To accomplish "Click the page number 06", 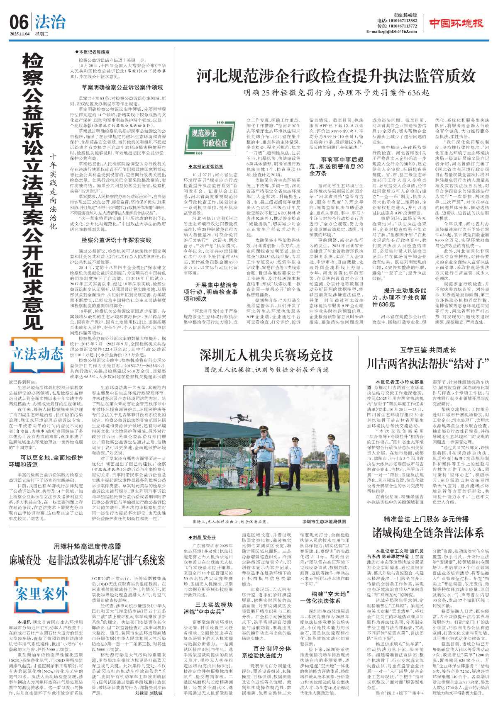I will pos(19,22).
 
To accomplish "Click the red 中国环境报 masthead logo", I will pos(456,23).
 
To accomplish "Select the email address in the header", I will pos(391,32).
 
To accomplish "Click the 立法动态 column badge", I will pos(37,354).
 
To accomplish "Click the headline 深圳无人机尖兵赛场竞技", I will pos(266,355).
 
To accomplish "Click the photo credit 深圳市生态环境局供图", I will pos(324,521).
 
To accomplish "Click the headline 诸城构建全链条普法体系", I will pos(428,532).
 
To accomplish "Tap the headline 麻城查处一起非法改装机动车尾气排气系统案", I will pos(88,560).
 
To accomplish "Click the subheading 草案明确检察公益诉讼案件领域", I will pos(122,88).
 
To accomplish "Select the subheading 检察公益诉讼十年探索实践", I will pos(116,240).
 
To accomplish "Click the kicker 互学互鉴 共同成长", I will pos(428,350).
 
